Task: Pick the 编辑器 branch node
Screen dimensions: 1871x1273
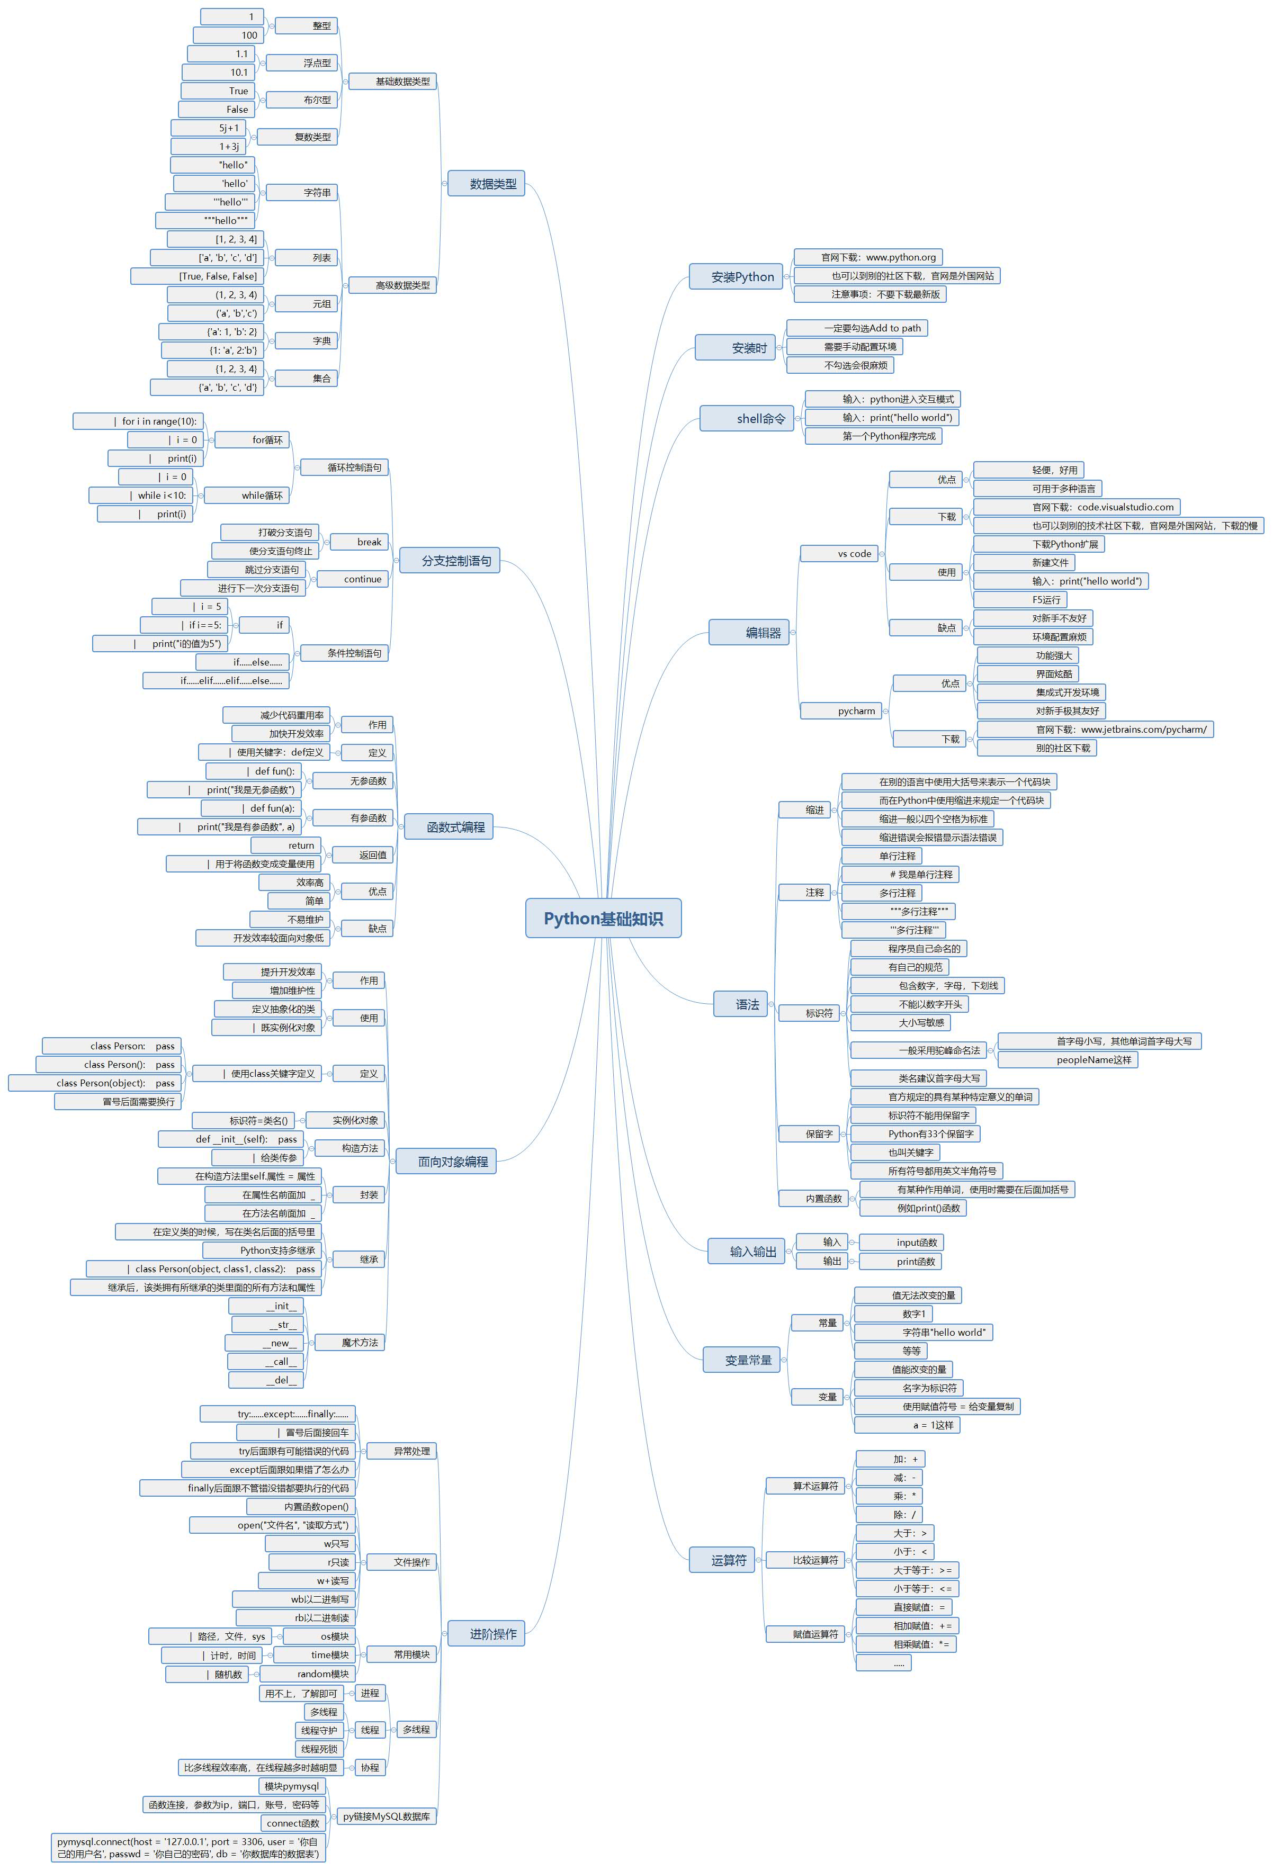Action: (x=749, y=633)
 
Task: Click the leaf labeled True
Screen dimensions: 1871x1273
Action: (x=218, y=91)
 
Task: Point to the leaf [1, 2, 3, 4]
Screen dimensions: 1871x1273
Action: (x=216, y=239)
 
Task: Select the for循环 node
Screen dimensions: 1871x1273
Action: (x=253, y=439)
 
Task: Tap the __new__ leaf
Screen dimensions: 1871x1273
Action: (x=265, y=1343)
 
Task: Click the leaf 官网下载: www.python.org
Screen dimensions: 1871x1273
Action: (x=867, y=257)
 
